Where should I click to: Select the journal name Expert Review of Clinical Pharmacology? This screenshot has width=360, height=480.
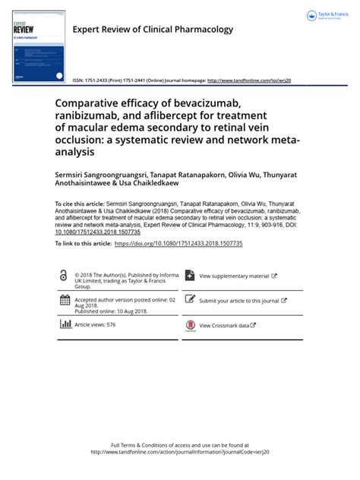pos(152,30)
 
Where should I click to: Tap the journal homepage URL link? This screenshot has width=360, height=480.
pos(248,81)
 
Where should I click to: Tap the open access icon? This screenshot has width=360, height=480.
pos(63,276)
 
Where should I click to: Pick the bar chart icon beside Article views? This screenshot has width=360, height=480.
pos(65,324)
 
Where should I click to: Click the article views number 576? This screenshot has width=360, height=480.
pos(111,324)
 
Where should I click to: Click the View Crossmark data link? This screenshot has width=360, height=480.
pos(227,325)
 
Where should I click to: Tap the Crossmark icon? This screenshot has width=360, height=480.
pos(190,325)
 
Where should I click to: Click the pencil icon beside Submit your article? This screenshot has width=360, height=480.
pos(190,300)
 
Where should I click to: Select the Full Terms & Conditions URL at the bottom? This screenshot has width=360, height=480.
pos(180,451)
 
